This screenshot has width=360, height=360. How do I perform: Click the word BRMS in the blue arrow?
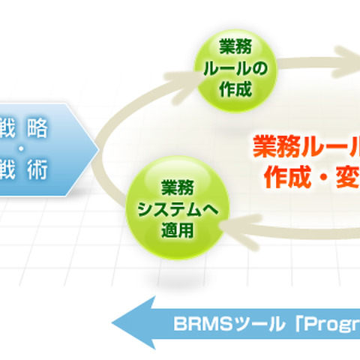point(194,325)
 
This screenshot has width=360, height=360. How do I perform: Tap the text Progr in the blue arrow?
point(330,325)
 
